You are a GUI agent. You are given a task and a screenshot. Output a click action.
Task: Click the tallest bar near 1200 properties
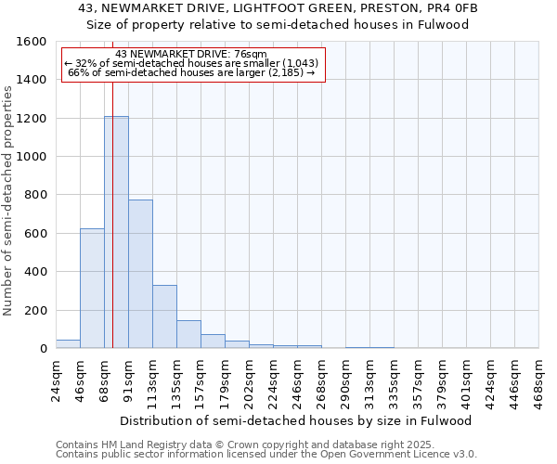[x=116, y=232]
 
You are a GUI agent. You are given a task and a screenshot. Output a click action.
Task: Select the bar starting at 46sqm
[x=92, y=288]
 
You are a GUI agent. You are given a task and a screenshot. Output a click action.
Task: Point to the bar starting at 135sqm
[x=188, y=334]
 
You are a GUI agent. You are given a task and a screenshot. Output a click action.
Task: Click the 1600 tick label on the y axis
[x=32, y=42]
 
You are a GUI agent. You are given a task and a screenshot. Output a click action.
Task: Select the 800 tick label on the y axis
[x=35, y=195]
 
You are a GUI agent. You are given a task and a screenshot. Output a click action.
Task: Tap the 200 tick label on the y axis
[x=35, y=310]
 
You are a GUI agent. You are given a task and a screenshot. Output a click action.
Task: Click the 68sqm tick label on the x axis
[x=104, y=379]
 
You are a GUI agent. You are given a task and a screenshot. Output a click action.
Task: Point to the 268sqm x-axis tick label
[x=321, y=379]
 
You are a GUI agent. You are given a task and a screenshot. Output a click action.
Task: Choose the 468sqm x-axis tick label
[x=538, y=379]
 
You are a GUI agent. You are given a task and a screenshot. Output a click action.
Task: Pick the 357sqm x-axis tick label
[x=418, y=379]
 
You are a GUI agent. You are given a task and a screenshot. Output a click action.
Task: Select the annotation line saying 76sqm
[x=191, y=54]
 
